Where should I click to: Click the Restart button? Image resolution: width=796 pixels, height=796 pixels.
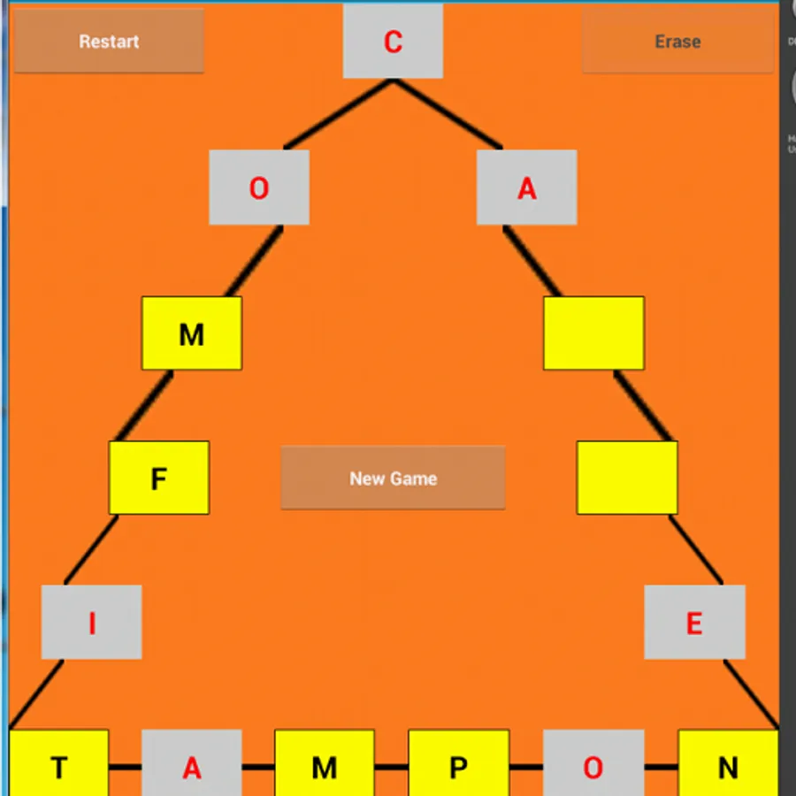(109, 41)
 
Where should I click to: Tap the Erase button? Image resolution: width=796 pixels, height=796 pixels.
(677, 41)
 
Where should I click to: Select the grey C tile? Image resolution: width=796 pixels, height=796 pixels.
(393, 41)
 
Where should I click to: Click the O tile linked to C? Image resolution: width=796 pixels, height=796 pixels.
(259, 188)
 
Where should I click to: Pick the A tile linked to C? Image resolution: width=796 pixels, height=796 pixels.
(527, 188)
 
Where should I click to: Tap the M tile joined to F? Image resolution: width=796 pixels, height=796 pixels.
(192, 333)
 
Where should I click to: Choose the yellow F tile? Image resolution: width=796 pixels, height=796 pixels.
(159, 478)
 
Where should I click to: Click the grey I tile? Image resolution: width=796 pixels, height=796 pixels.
(91, 622)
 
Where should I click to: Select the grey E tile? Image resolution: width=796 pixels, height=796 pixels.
(694, 622)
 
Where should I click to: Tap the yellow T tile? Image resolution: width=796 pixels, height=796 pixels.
(59, 763)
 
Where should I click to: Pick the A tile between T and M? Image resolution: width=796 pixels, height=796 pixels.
(192, 763)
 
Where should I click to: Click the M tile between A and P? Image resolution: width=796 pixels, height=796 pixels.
(325, 763)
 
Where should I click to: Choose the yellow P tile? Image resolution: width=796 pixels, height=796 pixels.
(458, 763)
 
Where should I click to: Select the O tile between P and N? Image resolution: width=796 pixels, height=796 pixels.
(593, 763)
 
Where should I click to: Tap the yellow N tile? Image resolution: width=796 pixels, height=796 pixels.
(728, 763)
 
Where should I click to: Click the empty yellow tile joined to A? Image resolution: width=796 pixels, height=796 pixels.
(594, 333)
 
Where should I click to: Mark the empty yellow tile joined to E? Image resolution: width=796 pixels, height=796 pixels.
(627, 478)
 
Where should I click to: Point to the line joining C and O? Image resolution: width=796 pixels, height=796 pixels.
(338, 114)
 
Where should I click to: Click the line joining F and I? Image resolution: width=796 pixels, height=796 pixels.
(91, 549)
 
